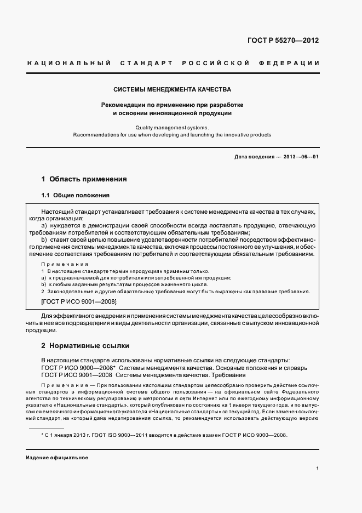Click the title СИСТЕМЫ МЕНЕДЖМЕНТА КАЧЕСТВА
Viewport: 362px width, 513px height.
(172, 89)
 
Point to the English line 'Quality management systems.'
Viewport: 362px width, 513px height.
(172, 127)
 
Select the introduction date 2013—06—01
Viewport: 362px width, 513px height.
(301, 157)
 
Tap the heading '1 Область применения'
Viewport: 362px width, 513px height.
(84, 179)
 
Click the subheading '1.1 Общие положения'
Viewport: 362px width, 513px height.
(76, 196)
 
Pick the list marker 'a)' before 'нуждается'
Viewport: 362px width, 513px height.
(44, 225)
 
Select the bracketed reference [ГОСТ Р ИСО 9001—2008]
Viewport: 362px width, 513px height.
(79, 301)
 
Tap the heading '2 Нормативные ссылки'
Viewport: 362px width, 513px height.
(85, 346)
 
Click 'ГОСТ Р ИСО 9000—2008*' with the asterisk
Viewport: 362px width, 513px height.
(78, 368)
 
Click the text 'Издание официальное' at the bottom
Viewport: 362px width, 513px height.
(57, 458)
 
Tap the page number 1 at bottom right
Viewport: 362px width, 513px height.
(318, 469)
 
